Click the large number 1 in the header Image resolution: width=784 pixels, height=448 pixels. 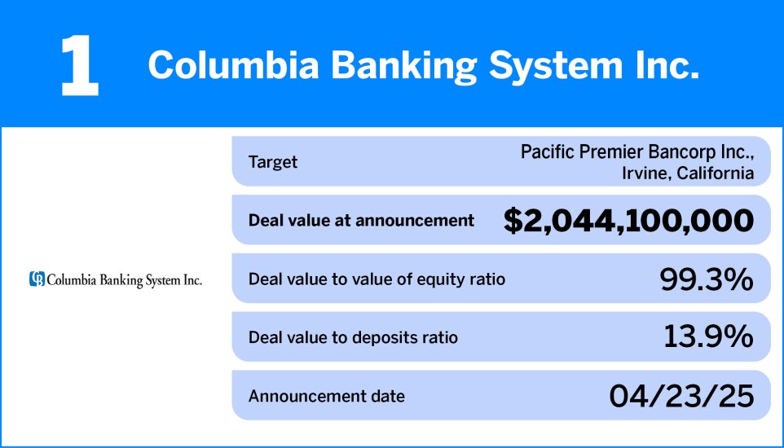coord(80,65)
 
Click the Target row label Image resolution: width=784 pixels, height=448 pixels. coord(272,162)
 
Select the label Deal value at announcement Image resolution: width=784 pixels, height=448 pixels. coord(361,220)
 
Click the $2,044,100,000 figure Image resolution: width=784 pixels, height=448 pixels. coord(628,220)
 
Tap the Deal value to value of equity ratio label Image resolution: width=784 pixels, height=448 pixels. coord(377,279)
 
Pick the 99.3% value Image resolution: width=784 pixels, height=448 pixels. coord(706,279)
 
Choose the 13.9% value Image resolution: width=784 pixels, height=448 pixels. coord(707,337)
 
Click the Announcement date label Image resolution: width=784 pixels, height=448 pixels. coord(326,397)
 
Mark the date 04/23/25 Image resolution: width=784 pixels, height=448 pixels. coord(681,397)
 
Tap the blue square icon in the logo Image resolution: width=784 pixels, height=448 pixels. coord(37,279)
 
